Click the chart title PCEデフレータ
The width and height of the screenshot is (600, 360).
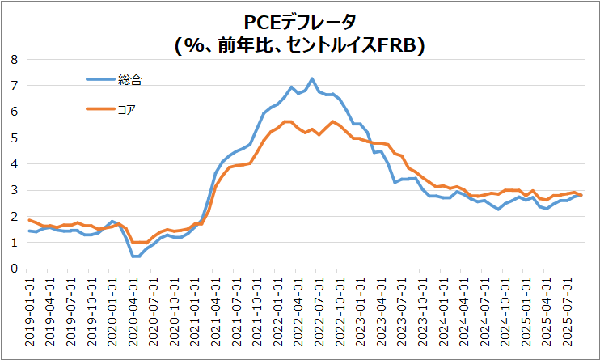300,22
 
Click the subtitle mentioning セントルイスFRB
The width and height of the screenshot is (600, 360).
300,46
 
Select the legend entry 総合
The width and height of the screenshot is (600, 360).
130,79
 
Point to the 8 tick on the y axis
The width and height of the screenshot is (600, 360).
13,59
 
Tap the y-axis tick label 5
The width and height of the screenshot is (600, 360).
13,138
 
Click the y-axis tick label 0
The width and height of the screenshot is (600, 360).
13,269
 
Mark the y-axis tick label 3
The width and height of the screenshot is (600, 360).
13,190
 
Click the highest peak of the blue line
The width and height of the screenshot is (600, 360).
312,78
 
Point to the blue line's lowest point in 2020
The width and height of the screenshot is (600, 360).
136,256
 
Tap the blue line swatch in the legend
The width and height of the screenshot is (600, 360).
100,79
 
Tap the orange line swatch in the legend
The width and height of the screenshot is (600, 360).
100,109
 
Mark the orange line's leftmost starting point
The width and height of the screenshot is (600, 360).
29,220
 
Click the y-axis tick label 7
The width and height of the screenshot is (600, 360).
13,85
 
